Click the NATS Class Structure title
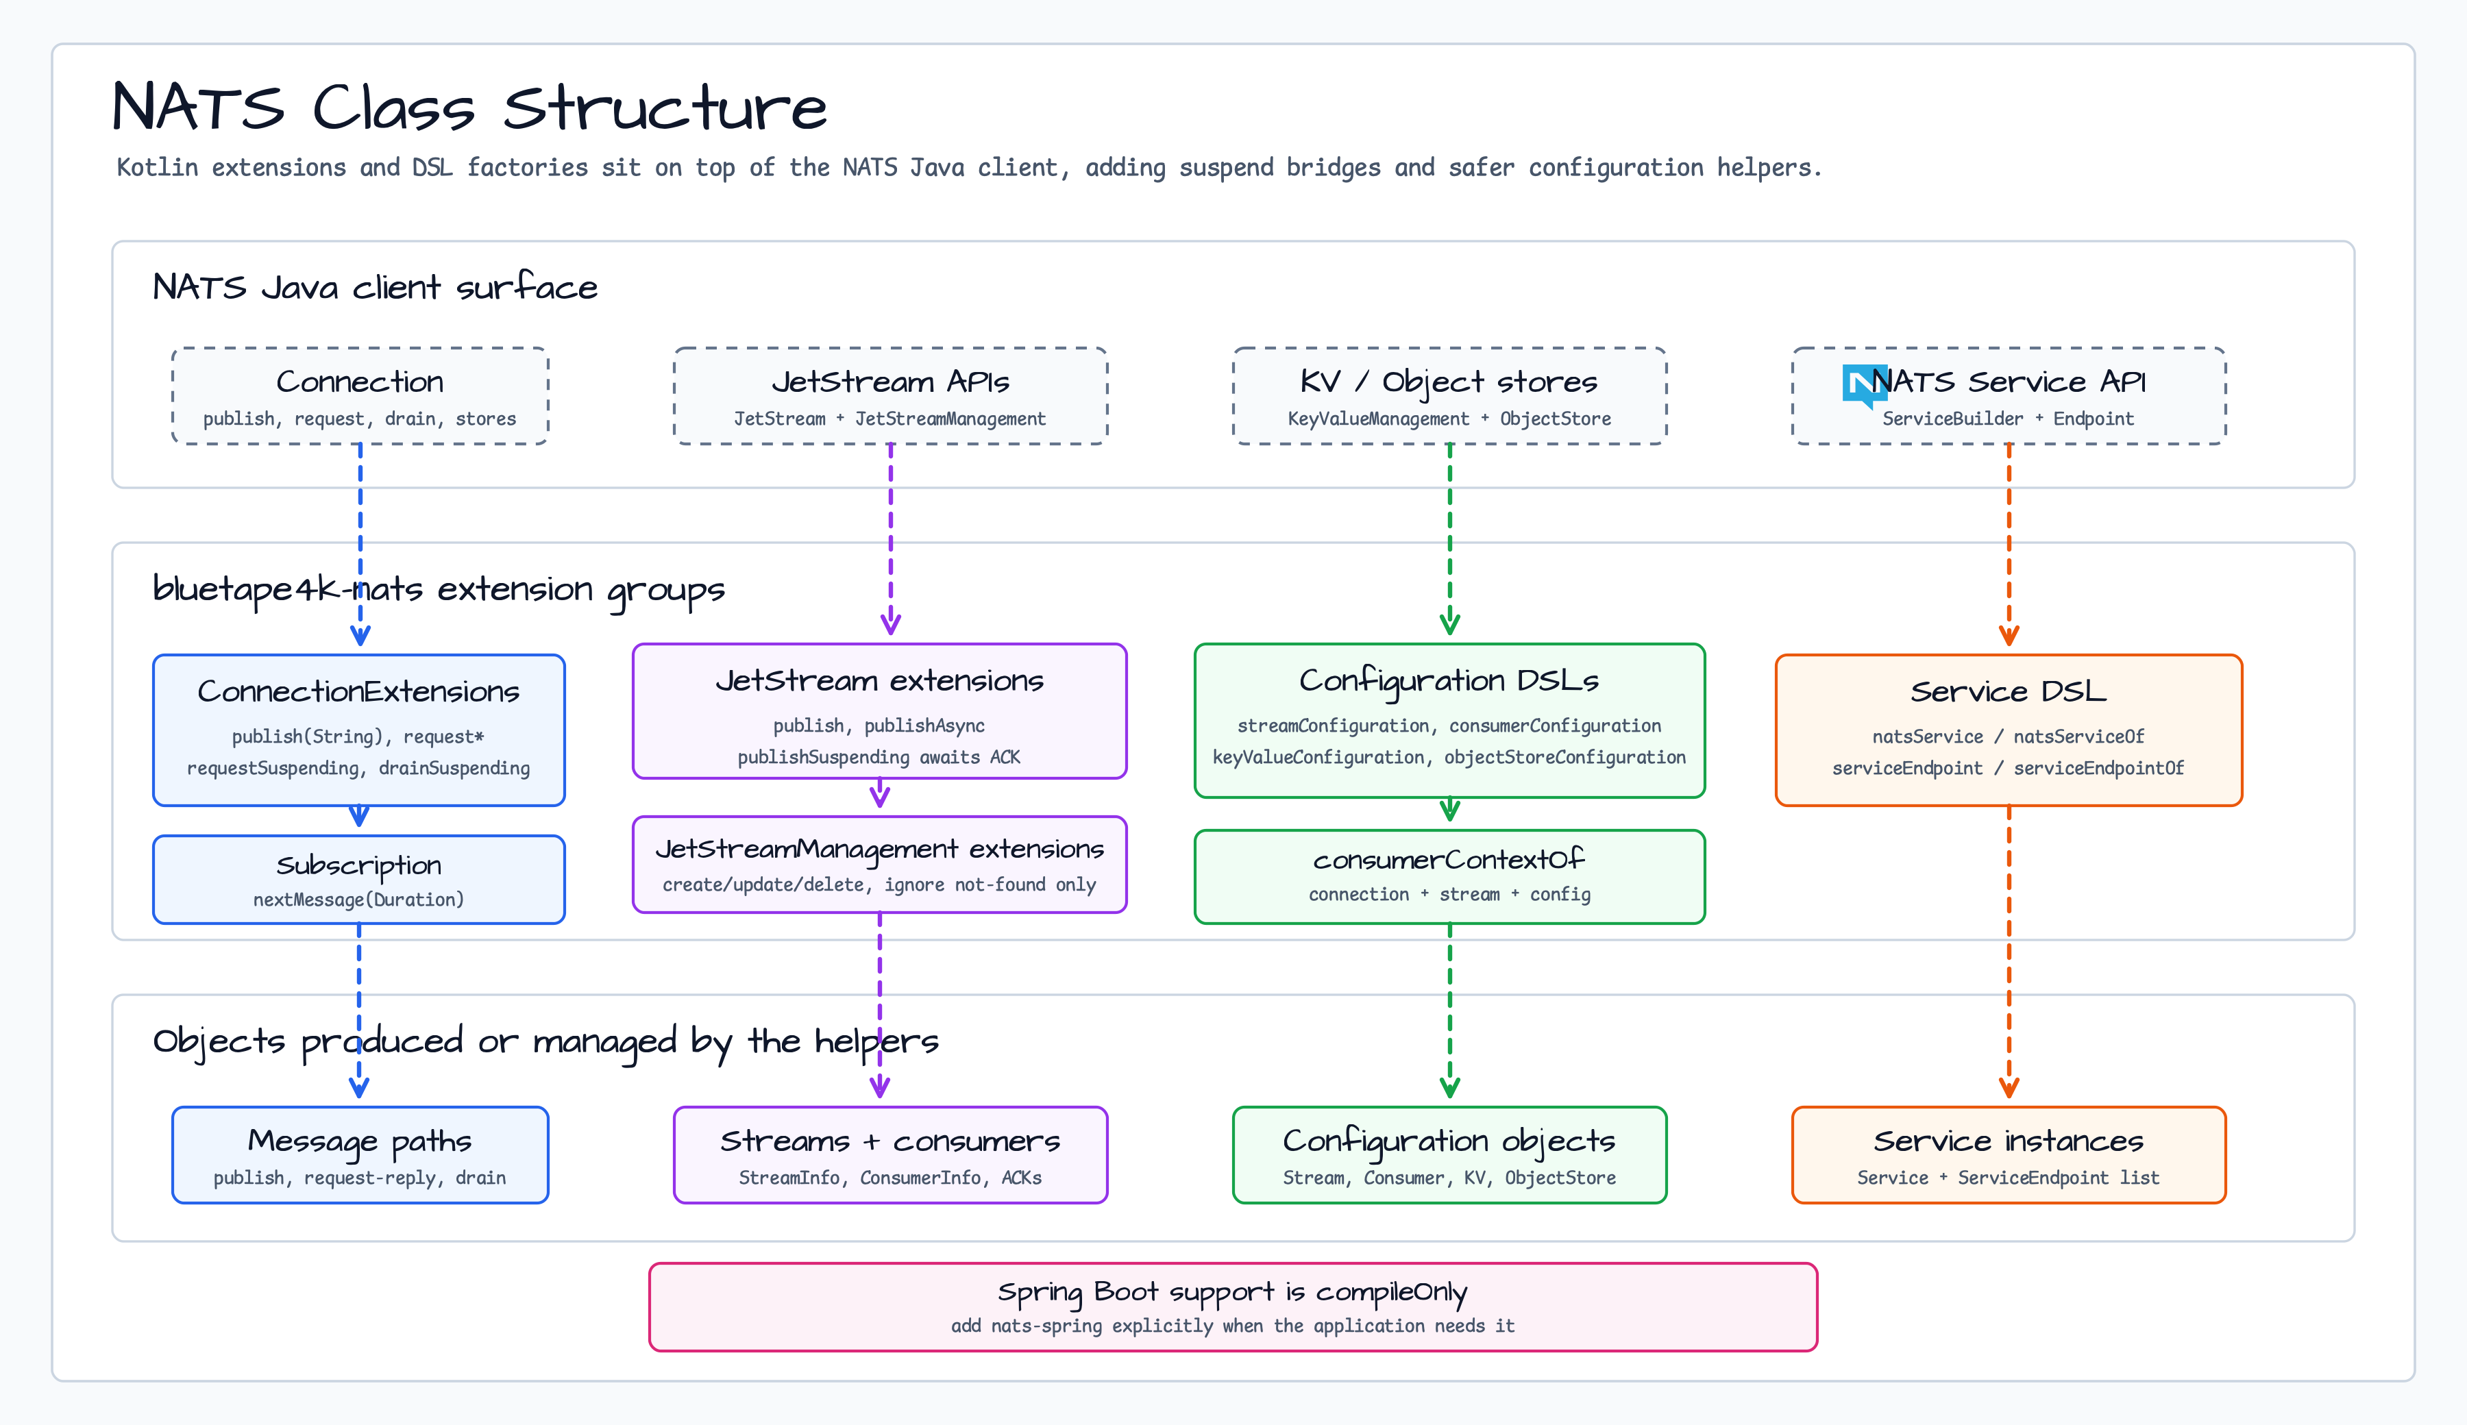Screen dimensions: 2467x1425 (x=470, y=107)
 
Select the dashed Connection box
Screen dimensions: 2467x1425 (x=360, y=395)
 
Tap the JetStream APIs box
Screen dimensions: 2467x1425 (x=891, y=395)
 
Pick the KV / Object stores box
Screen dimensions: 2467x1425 (x=1450, y=395)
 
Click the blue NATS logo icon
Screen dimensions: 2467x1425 (x=1864, y=384)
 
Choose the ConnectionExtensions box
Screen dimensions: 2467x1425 (x=359, y=730)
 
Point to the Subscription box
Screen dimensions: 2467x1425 (x=359, y=879)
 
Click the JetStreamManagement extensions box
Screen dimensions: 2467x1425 (x=880, y=864)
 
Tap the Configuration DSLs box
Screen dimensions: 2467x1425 (x=1450, y=720)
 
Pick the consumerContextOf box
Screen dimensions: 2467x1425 (x=1450, y=877)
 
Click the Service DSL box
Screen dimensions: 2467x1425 (x=2009, y=730)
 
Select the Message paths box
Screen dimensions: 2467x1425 (x=360, y=1155)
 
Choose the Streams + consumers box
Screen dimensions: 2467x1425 (x=891, y=1155)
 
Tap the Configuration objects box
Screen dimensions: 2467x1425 (x=1450, y=1155)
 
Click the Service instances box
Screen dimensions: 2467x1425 (x=2009, y=1155)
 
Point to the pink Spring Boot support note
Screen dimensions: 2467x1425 (x=1233, y=1306)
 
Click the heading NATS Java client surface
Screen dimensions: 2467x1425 (x=375, y=287)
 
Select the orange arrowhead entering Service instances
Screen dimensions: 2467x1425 (x=2009, y=1087)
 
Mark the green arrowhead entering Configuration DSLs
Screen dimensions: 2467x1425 (x=1450, y=623)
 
